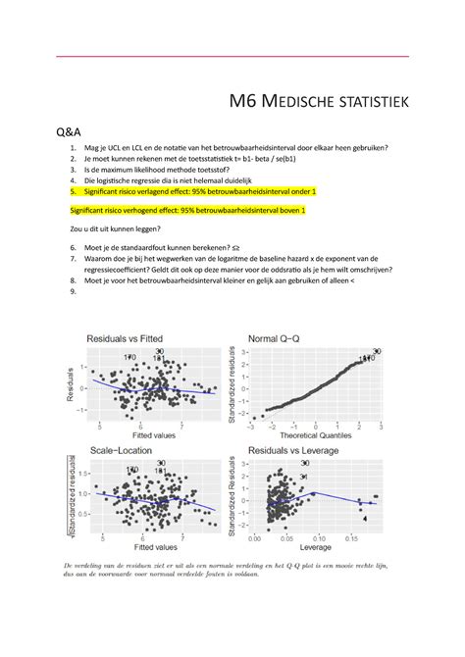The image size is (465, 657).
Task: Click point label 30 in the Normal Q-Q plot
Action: coord(378,350)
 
